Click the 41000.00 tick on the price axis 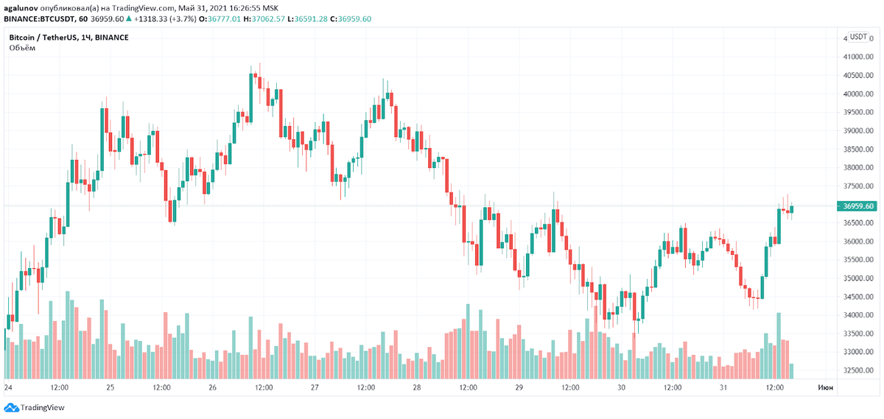(855, 57)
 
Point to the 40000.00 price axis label (855, 94)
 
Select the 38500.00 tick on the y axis (855, 149)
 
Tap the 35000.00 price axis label (855, 278)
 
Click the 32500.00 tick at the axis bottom (855, 370)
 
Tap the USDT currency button (858, 37)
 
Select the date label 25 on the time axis (110, 387)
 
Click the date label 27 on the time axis (315, 387)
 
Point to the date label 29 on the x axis (519, 387)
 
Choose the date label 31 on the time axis (723, 387)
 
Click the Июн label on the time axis (825, 387)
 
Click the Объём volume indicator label (22, 48)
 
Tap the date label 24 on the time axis (7, 387)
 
